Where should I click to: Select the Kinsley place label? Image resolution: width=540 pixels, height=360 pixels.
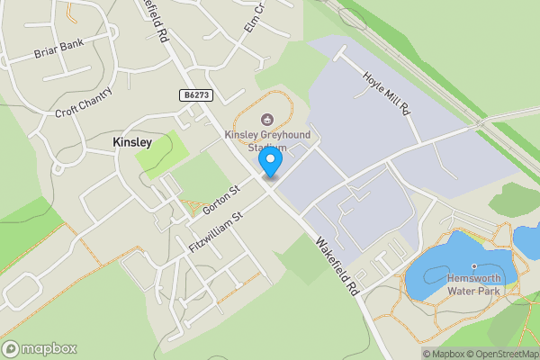(131, 142)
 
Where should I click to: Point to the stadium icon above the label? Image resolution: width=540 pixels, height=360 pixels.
(267, 119)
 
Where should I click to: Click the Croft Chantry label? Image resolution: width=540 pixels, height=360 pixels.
(85, 103)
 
